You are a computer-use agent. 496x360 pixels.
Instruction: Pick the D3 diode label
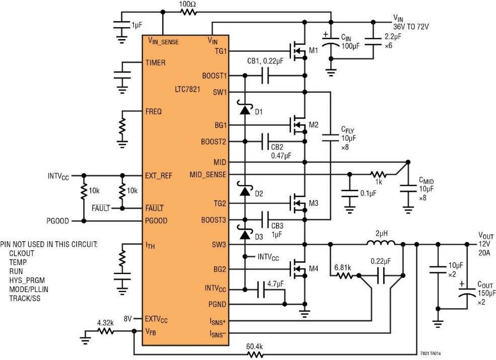click(259, 236)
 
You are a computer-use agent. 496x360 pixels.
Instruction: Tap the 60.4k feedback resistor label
click(255, 347)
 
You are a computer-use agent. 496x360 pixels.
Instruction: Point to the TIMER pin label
click(156, 63)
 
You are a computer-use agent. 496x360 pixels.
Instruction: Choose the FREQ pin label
click(154, 111)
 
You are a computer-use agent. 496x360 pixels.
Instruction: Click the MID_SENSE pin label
click(208, 174)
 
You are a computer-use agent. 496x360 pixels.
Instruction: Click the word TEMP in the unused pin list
click(19, 262)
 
